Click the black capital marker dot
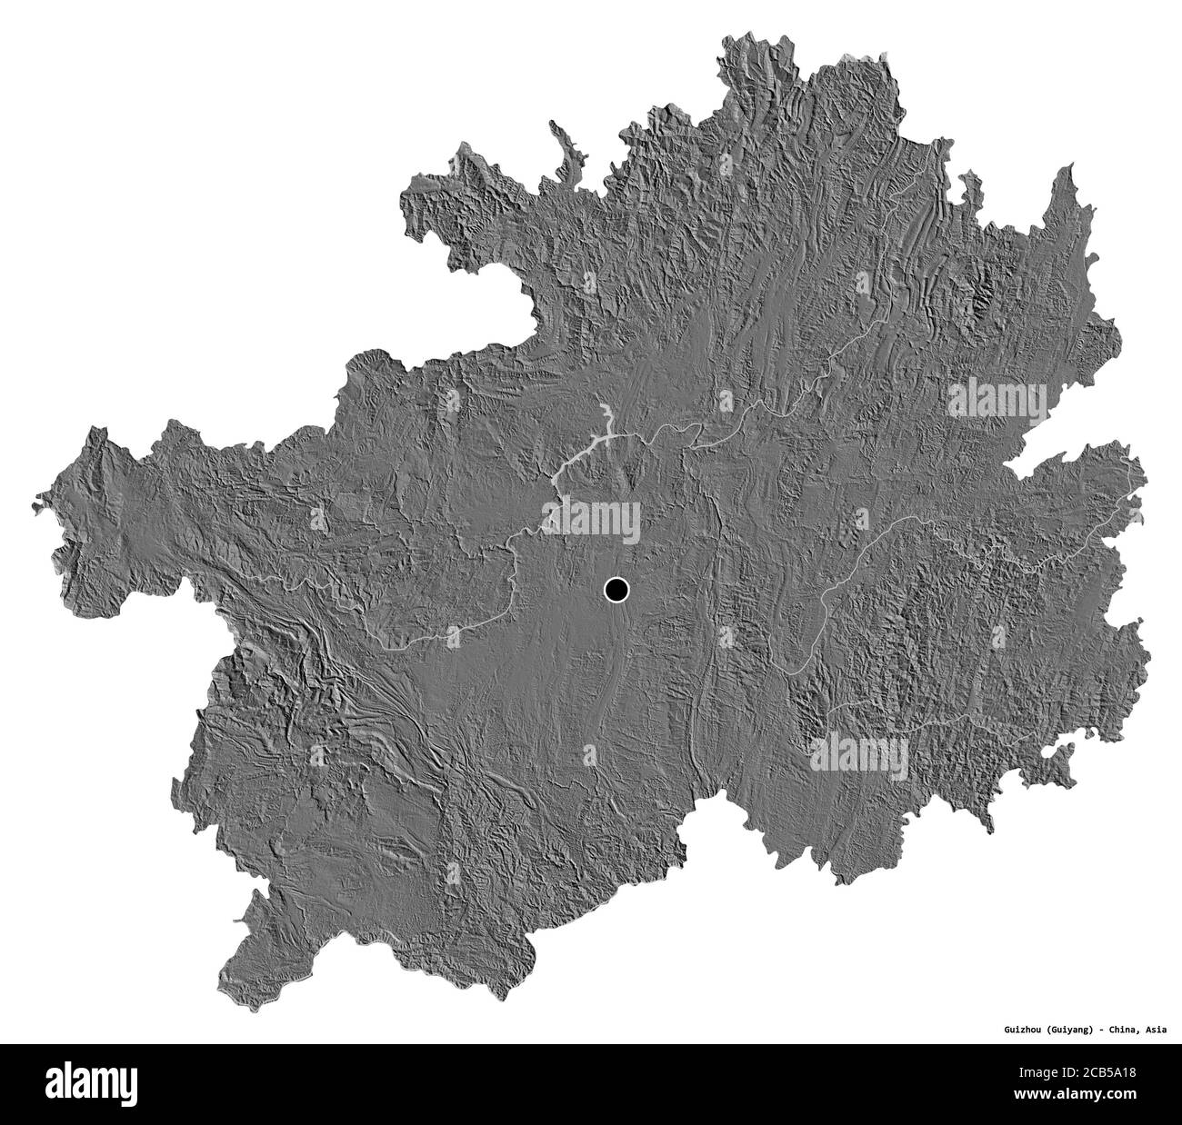point(616,592)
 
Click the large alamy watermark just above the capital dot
point(591,519)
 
